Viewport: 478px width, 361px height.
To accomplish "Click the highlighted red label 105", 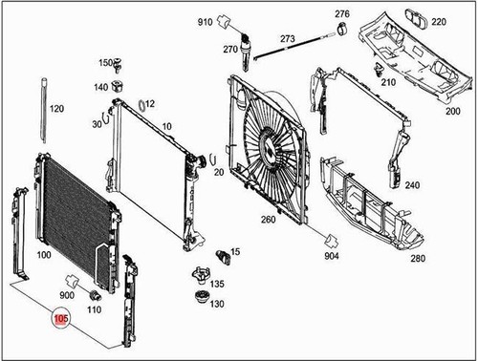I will [61, 321].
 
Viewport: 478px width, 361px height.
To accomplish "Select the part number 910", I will [206, 21].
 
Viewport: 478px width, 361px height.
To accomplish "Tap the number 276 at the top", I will [341, 14].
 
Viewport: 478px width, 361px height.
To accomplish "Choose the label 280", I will [418, 258].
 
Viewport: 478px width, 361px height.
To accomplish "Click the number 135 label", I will [217, 285].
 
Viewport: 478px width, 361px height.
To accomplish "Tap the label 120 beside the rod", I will [56, 110].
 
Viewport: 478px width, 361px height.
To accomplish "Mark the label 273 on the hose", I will [287, 39].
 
